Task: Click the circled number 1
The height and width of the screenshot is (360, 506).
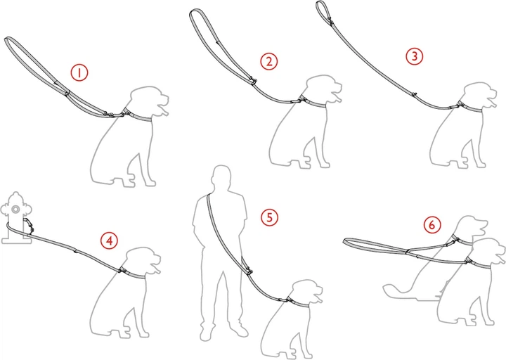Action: (x=79, y=72)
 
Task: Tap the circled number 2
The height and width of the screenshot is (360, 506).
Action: (x=268, y=61)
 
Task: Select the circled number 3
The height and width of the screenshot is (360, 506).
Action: (x=414, y=56)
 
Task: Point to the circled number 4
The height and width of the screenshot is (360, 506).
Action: (x=110, y=240)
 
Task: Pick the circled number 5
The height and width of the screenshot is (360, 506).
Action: (x=269, y=217)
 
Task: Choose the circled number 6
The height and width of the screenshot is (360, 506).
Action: (x=432, y=224)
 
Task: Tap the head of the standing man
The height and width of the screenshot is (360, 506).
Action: (x=221, y=178)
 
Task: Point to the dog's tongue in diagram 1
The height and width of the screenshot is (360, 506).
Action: (x=164, y=112)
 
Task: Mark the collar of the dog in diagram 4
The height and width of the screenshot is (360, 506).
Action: (x=132, y=273)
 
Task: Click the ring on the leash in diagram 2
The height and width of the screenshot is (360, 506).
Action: (x=254, y=81)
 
